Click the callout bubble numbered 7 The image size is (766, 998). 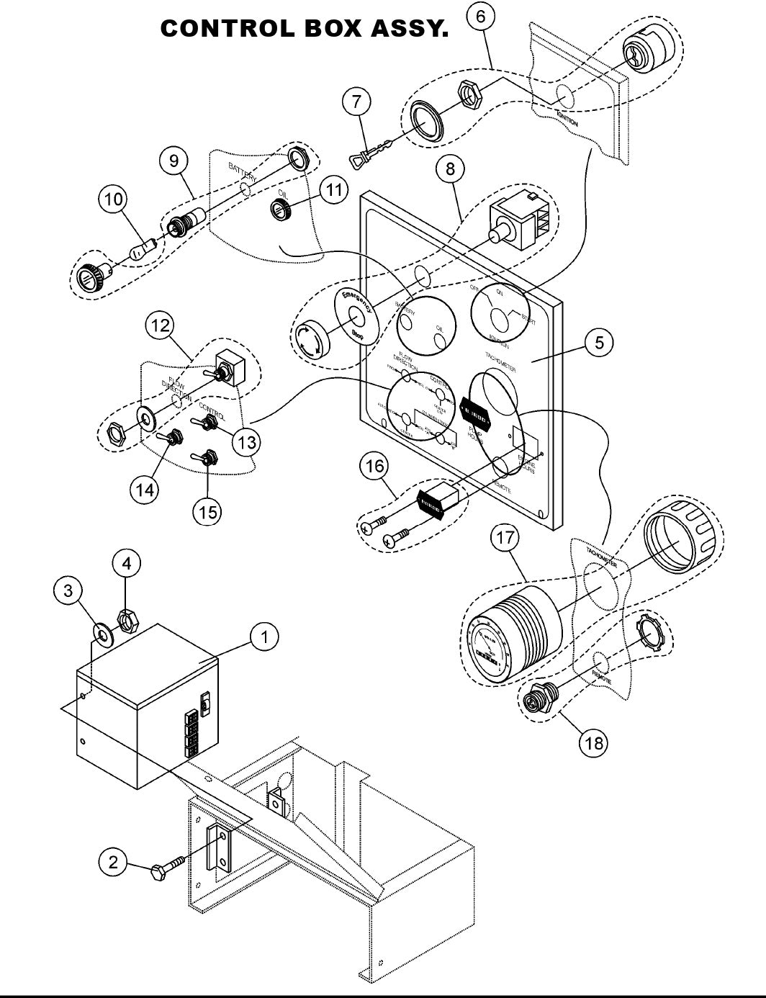[x=356, y=102]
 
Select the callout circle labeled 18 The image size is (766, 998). [x=594, y=742]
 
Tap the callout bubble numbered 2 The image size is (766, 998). [x=113, y=862]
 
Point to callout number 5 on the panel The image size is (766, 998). [x=599, y=342]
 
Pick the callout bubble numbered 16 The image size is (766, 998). [x=375, y=466]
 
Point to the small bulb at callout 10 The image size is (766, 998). [x=141, y=252]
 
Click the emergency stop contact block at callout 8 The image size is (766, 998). [x=517, y=219]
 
